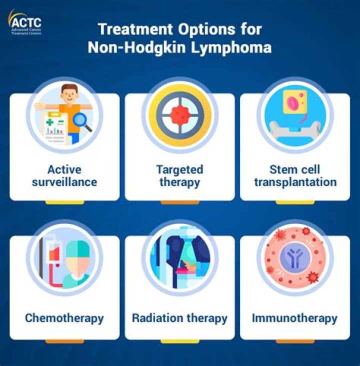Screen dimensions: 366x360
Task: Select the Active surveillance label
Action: tap(64, 175)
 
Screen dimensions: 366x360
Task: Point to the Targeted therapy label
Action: tap(179, 175)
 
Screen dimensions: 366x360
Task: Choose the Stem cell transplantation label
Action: tap(295, 175)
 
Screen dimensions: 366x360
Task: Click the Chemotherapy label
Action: tap(64, 317)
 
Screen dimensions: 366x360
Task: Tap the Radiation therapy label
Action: tap(179, 317)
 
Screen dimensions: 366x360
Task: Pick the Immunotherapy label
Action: tap(295, 317)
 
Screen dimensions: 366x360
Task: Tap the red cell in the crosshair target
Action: tap(179, 114)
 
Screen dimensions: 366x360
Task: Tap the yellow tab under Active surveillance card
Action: tap(64, 202)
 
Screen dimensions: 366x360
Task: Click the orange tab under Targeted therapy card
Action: tap(179, 202)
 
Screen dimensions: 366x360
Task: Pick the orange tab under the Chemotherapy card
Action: tap(64, 341)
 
